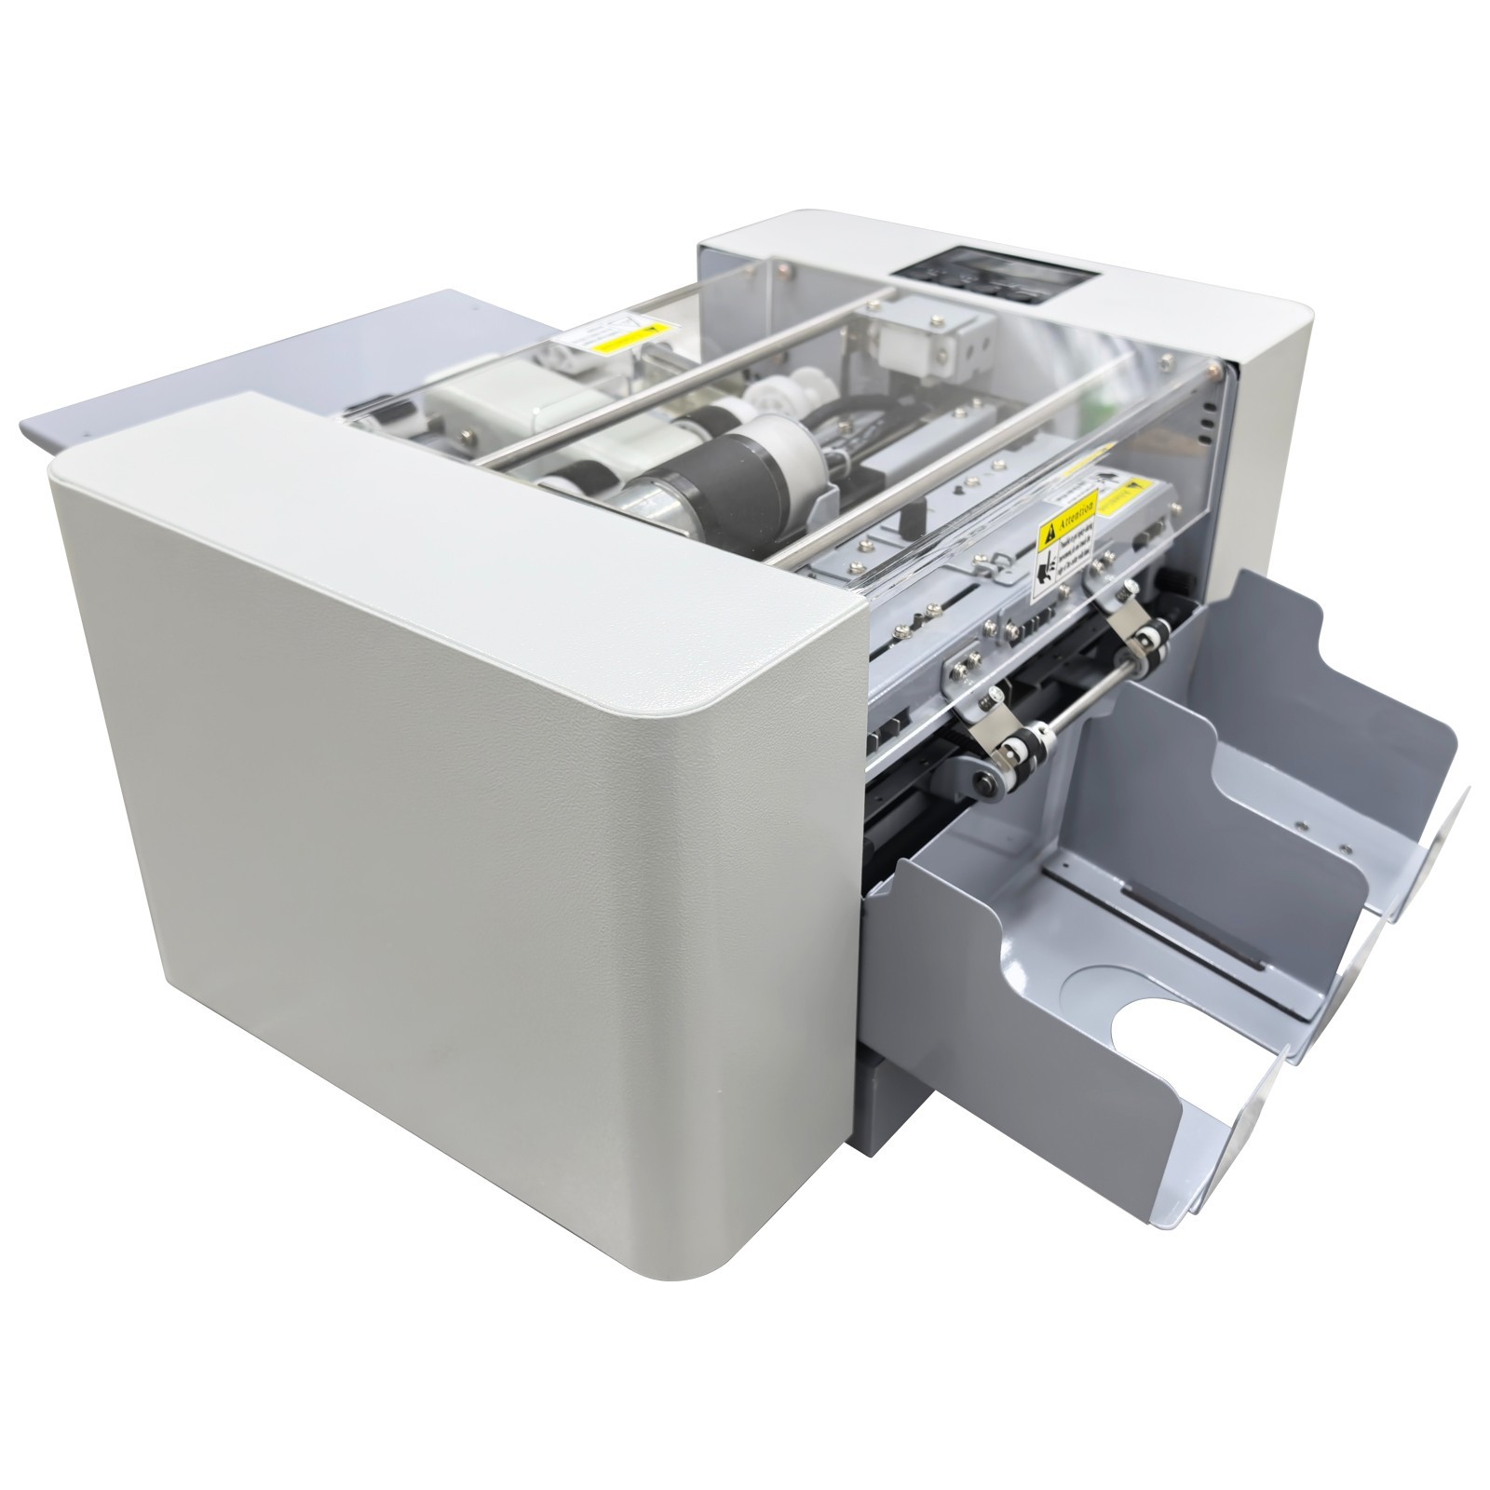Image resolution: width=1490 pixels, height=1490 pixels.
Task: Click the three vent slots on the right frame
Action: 1206,411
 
